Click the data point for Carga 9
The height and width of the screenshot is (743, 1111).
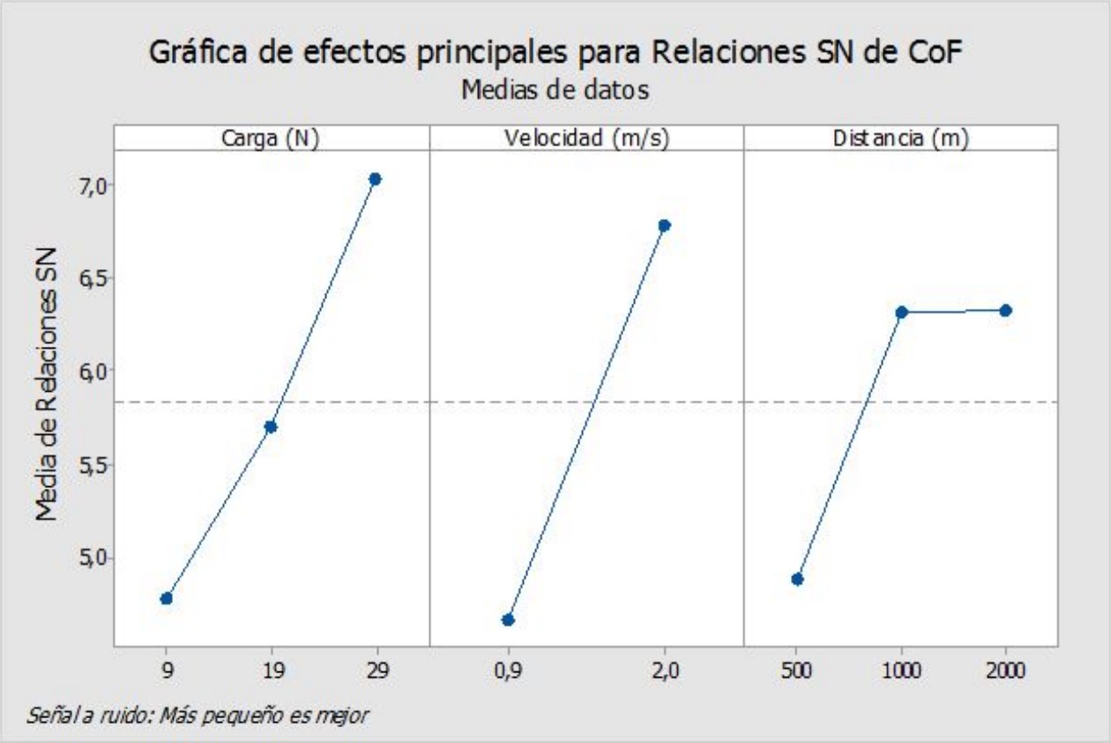167,598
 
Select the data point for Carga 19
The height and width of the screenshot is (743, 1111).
271,426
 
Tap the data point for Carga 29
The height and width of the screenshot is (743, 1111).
375,179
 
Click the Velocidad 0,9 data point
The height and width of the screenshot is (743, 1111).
508,619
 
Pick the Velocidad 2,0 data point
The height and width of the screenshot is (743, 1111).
664,225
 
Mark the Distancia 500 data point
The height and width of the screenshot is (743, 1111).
797,579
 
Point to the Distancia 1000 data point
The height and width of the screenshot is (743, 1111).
901,311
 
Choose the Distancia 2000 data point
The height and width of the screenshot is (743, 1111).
1005,310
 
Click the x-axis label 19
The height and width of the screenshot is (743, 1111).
271,670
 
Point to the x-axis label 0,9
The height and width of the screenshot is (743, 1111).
508,670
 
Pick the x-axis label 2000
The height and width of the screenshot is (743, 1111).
1005,670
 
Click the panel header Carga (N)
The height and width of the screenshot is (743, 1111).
271,139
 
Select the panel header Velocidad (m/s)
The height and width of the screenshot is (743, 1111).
586,139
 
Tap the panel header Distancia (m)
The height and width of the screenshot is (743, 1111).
901,139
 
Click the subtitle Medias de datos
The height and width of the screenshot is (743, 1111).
555,89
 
